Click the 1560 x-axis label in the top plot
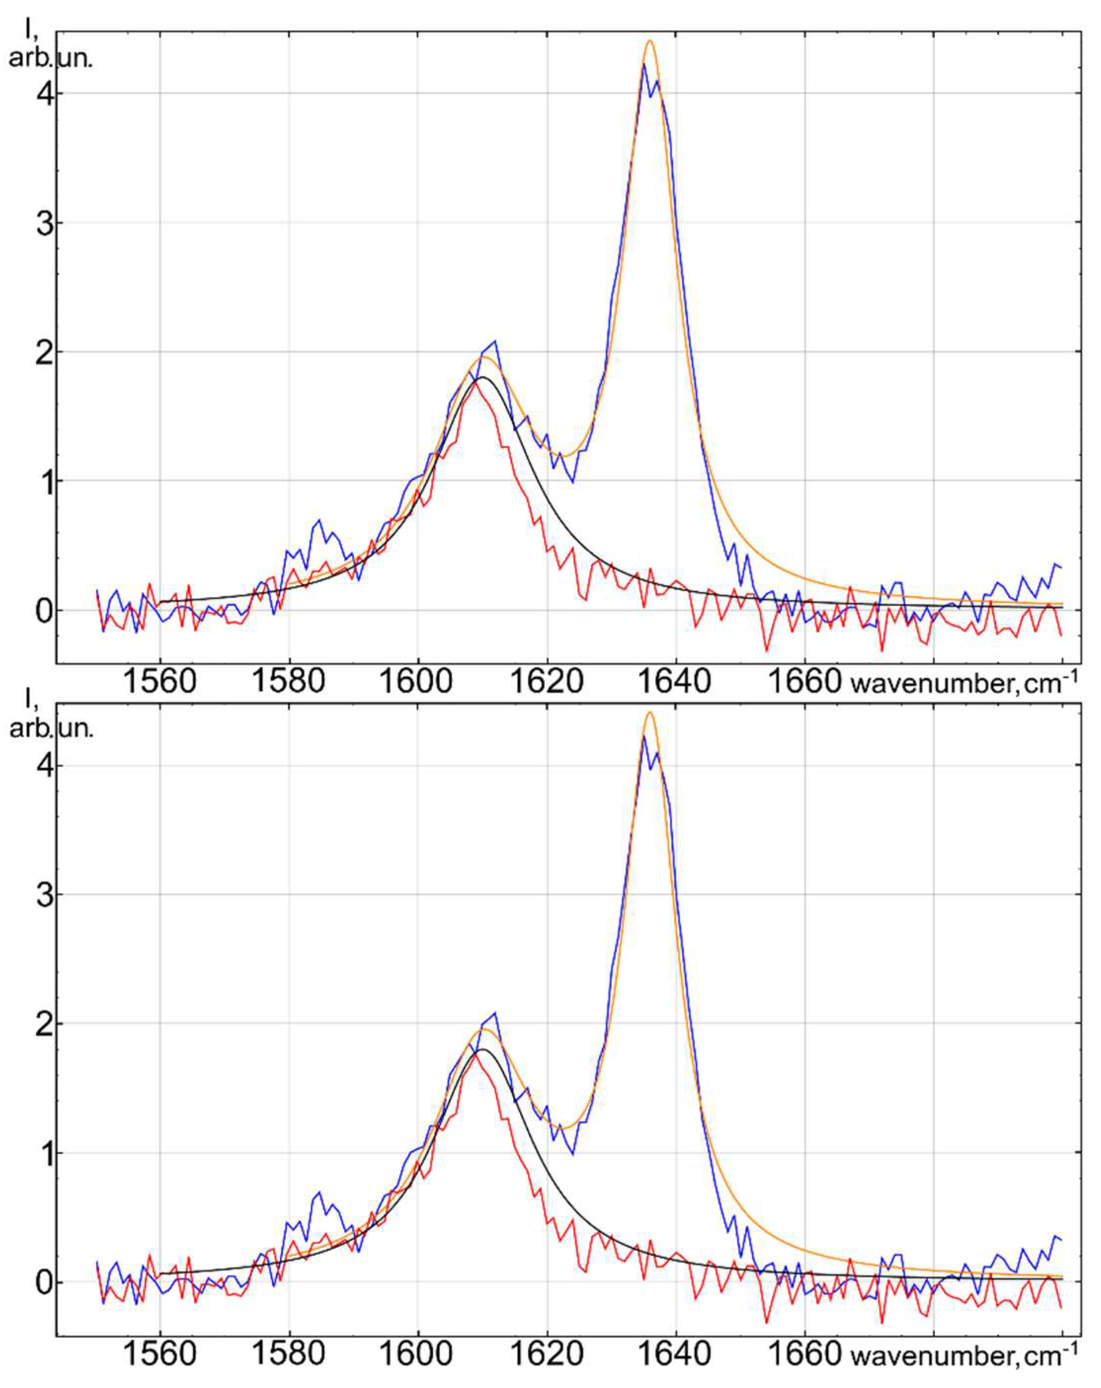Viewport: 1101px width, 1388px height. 159,681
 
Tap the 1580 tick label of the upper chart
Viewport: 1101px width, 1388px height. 288,681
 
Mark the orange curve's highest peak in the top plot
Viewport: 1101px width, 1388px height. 650,41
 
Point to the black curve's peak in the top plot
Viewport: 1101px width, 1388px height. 481,378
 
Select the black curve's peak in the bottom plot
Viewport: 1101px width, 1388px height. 481,1050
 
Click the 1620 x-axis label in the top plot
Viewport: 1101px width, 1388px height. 547,681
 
